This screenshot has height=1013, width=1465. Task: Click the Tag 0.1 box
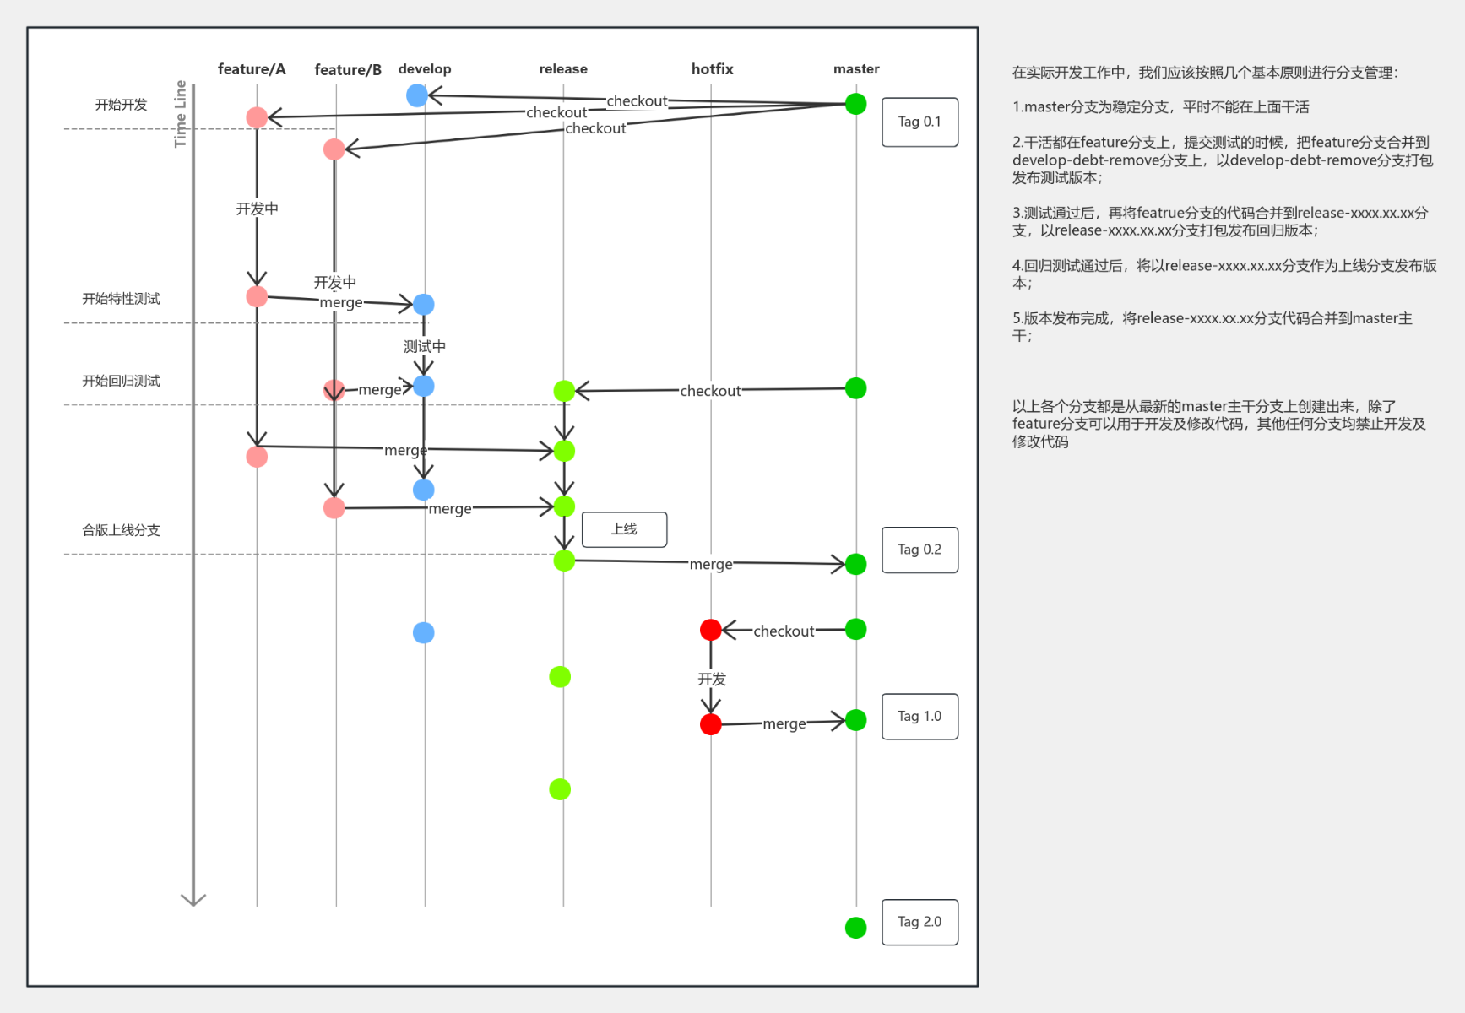pyautogui.click(x=920, y=122)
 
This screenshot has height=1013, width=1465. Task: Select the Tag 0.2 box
pyautogui.click(x=920, y=550)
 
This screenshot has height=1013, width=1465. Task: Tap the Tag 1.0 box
pyautogui.click(x=920, y=716)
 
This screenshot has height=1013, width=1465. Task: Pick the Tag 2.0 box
pyautogui.click(x=920, y=922)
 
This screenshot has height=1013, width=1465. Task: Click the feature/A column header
pyautogui.click(x=252, y=69)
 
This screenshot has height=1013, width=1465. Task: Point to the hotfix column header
pyautogui.click(x=712, y=69)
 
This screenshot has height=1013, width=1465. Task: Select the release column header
pyautogui.click(x=563, y=69)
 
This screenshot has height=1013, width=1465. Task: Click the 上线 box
pyautogui.click(x=624, y=529)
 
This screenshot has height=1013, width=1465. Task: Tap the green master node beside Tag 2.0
pyautogui.click(x=855, y=928)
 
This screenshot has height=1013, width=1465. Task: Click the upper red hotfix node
pyautogui.click(x=711, y=630)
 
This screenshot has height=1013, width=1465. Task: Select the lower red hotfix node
pyautogui.click(x=711, y=724)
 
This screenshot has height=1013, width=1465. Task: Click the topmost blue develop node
pyautogui.click(x=417, y=95)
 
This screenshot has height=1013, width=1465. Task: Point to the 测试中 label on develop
pyautogui.click(x=424, y=346)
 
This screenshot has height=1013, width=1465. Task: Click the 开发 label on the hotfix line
pyautogui.click(x=712, y=679)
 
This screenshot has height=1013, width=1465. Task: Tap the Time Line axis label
pyautogui.click(x=180, y=114)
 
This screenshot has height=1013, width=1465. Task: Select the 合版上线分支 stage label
pyautogui.click(x=121, y=530)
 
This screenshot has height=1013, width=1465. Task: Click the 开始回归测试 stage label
pyautogui.click(x=121, y=381)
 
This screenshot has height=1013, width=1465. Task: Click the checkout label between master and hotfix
pyautogui.click(x=784, y=631)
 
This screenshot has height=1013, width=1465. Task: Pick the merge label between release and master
pyautogui.click(x=711, y=564)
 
